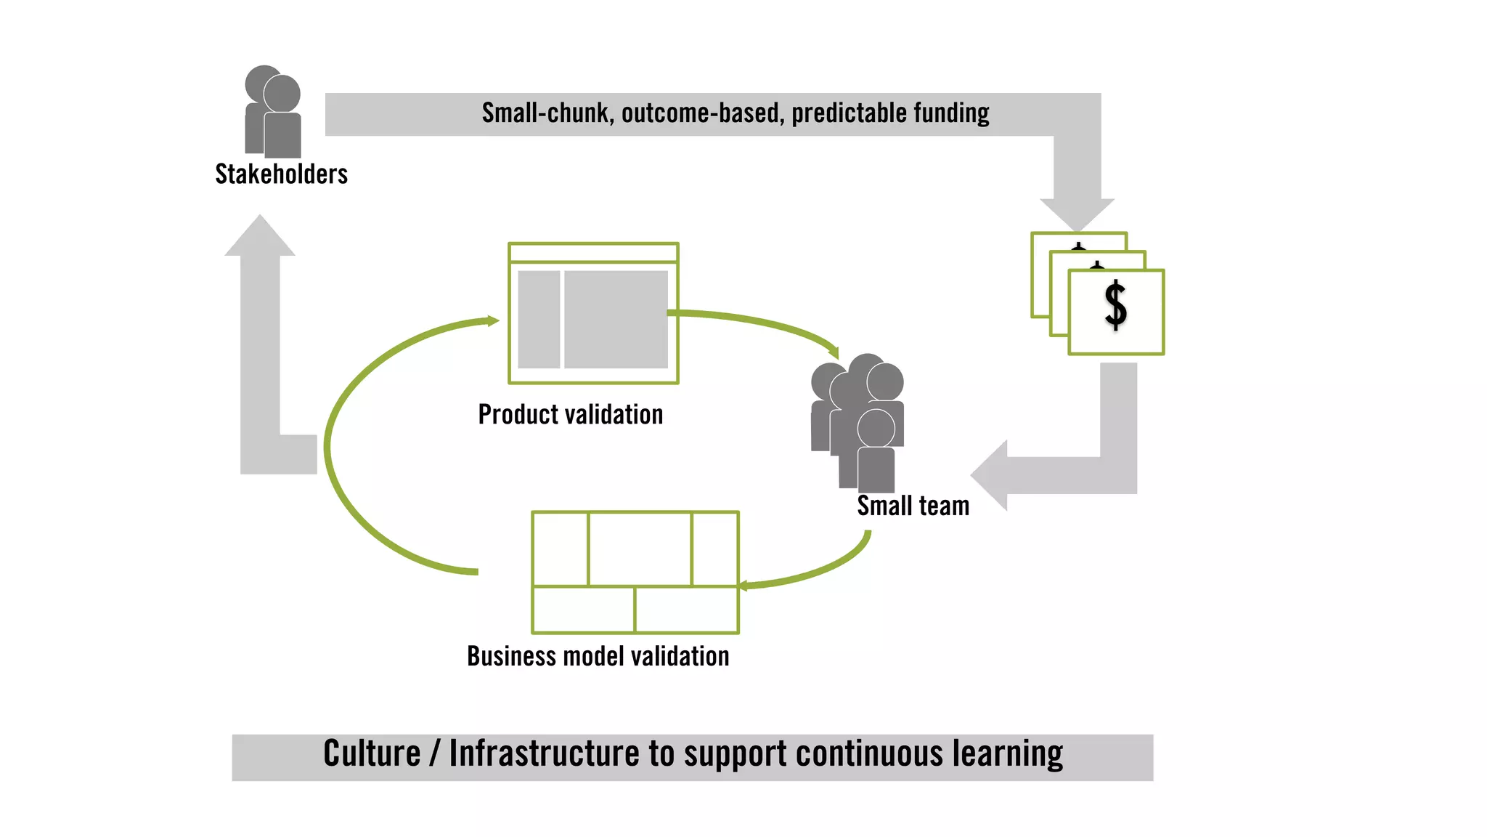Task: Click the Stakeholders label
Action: click(x=281, y=174)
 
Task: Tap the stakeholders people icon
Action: click(x=274, y=113)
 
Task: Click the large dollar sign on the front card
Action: click(x=1115, y=306)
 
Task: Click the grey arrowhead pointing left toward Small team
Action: click(x=990, y=475)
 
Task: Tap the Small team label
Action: click(x=913, y=506)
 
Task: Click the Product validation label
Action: click(x=571, y=415)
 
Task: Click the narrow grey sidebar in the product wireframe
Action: click(x=539, y=320)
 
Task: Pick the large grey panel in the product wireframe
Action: click(x=616, y=320)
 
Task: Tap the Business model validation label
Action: click(x=598, y=657)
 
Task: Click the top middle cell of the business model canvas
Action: click(x=639, y=549)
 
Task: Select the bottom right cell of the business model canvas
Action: click(x=686, y=610)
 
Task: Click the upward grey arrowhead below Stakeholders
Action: click(x=260, y=237)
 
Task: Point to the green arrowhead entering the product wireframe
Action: click(x=492, y=320)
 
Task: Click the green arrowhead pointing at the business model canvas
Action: click(x=744, y=586)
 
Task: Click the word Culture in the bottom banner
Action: click(x=372, y=753)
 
